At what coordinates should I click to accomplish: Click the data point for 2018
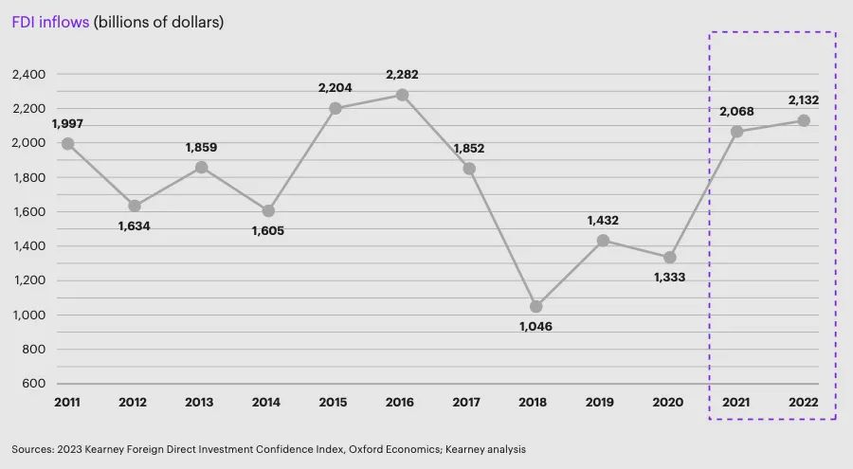tap(535, 307)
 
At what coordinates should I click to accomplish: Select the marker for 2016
tap(402, 95)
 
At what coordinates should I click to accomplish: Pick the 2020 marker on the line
tap(670, 258)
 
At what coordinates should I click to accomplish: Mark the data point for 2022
tap(803, 120)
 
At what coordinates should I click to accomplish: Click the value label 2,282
tap(402, 74)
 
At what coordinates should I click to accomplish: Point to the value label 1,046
tap(535, 326)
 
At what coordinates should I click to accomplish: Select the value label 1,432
tap(603, 219)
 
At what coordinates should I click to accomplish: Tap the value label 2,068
tap(736, 111)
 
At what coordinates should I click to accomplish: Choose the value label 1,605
tap(268, 230)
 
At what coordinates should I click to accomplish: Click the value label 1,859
tap(201, 148)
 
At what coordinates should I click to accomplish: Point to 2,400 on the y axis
tap(29, 74)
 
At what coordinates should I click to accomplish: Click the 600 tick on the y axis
tap(35, 384)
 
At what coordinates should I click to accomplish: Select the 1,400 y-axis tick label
tap(29, 246)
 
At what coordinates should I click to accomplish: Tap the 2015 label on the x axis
tap(335, 403)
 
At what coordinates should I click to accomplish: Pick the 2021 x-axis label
tap(736, 403)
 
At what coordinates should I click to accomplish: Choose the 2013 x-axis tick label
tap(201, 403)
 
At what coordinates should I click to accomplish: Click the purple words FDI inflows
tap(50, 21)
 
